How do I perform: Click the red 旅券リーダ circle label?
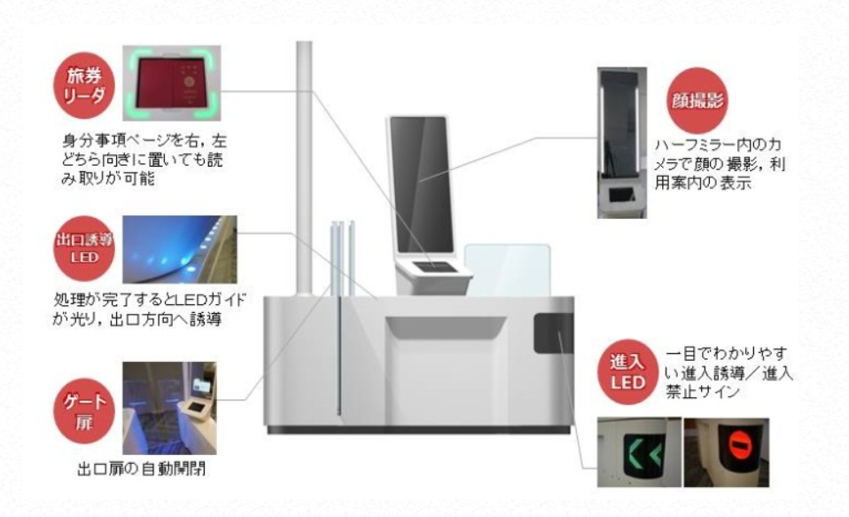point(84,86)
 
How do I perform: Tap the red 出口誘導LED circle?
point(84,248)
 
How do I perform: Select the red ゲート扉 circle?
point(84,411)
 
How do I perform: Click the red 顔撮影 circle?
point(697,101)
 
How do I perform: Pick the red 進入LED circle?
point(628,372)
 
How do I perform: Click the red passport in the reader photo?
point(172,83)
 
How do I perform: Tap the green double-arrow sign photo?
point(639,452)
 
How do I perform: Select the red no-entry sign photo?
point(726,452)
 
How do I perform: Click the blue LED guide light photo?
point(180,249)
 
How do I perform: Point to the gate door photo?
point(169,408)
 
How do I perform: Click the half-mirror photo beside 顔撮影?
point(622,143)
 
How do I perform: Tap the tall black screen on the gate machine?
point(421,184)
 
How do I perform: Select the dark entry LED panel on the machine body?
point(553,333)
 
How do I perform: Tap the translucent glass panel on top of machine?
point(507,270)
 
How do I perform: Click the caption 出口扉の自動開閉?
point(141,468)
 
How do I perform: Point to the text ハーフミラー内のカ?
point(718,145)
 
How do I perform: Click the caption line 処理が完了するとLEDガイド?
point(150,299)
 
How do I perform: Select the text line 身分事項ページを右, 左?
point(144,142)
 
